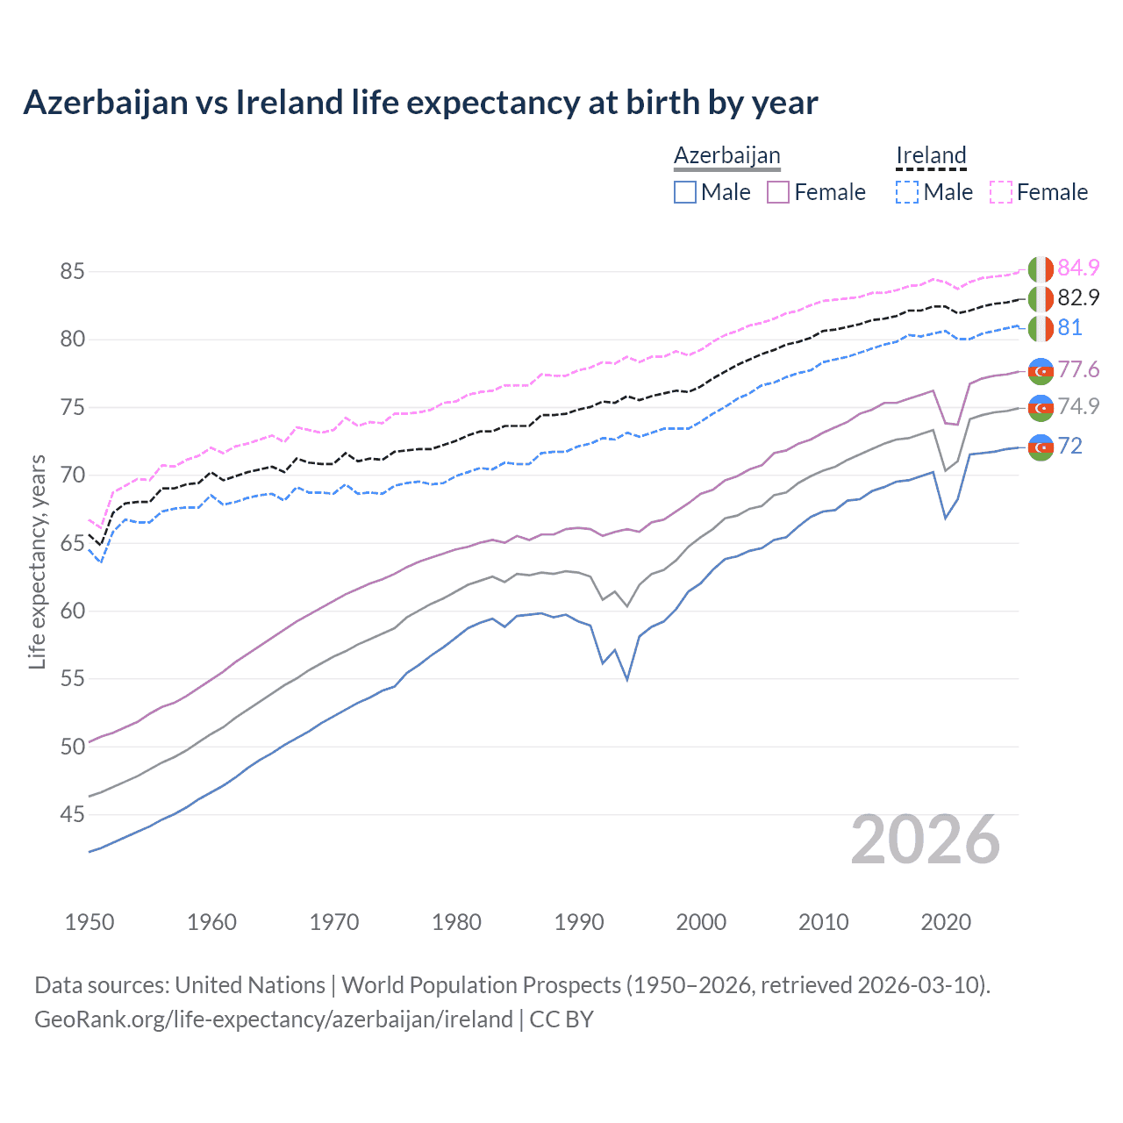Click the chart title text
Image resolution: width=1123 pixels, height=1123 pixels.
(420, 103)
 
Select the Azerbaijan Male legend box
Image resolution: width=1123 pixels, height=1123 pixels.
(685, 192)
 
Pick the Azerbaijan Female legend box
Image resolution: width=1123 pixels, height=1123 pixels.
(778, 192)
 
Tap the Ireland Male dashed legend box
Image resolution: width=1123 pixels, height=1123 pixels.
(907, 192)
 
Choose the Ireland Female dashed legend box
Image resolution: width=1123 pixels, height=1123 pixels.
(1001, 192)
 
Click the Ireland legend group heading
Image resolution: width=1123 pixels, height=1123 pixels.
(931, 155)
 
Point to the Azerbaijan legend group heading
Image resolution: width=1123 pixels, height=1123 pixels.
(726, 155)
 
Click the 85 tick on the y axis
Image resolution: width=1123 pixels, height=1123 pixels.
(72, 272)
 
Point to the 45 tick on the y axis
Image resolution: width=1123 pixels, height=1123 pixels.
(72, 815)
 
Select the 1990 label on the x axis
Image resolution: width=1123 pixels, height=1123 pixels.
(579, 922)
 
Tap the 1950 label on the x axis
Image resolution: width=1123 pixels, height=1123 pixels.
(89, 922)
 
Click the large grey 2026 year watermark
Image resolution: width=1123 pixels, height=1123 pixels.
(926, 840)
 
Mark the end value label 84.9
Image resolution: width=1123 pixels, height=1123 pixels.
(1078, 268)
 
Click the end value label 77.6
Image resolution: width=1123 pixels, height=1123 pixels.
(1078, 369)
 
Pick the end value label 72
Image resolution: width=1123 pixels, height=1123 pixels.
(1069, 447)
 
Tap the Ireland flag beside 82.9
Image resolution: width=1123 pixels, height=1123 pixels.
(1041, 298)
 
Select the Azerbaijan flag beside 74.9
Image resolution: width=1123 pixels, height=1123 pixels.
(1041, 408)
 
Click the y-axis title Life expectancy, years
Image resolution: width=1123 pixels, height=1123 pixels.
(38, 561)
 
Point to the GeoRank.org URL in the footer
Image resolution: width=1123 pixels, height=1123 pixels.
(274, 1019)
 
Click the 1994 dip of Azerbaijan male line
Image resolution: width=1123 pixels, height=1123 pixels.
(627, 679)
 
